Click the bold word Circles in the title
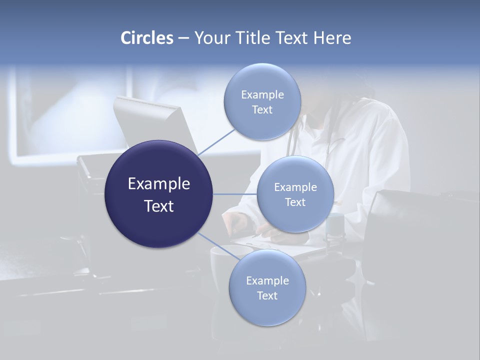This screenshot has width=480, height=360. point(147,38)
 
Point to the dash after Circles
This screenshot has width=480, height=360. point(183,38)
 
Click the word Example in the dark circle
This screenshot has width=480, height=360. point(158,184)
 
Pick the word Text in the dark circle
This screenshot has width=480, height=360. point(158,206)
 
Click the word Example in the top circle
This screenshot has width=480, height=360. point(262,95)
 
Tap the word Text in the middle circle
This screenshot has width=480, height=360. point(295,202)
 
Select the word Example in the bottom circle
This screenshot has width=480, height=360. point(267,281)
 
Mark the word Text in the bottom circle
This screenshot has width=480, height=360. point(267,296)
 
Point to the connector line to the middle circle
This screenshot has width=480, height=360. point(235,194)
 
